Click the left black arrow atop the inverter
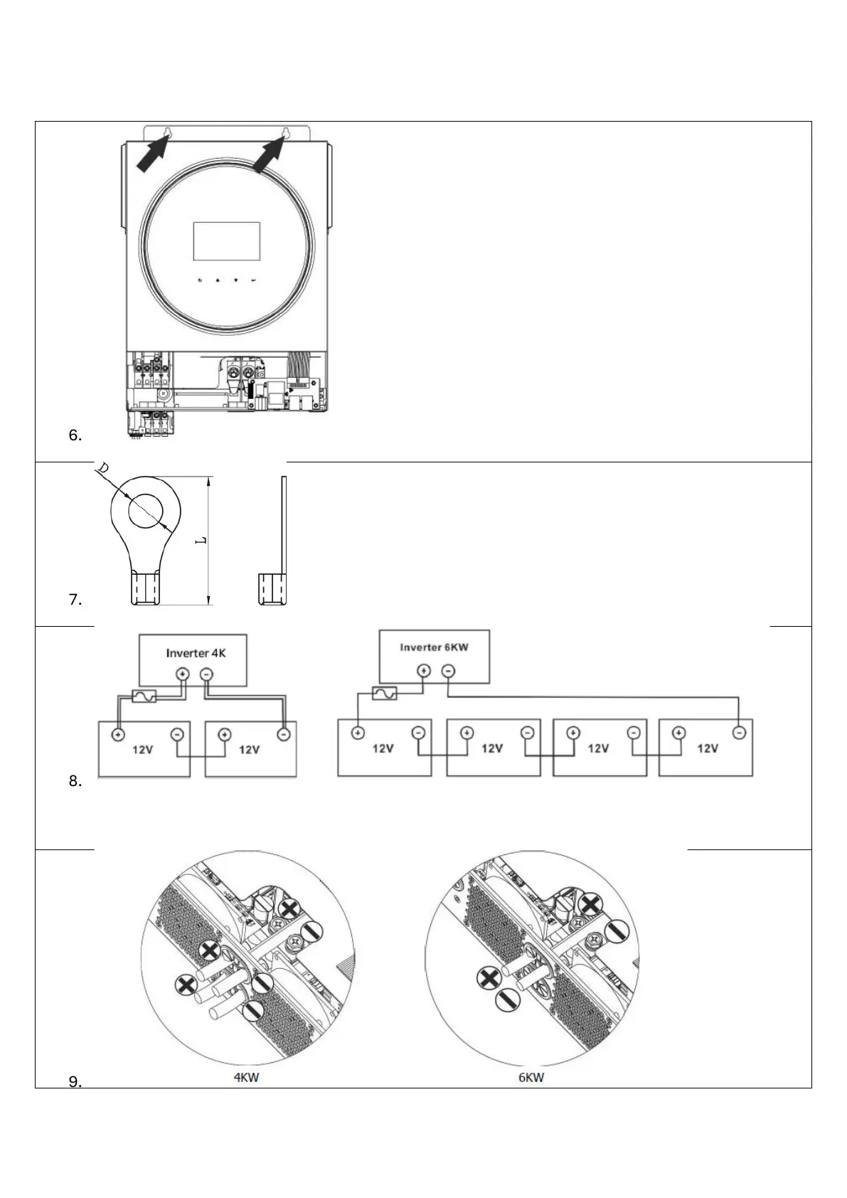(151, 155)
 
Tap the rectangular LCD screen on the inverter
(226, 240)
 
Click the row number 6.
(75, 435)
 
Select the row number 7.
(75, 600)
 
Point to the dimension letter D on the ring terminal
(103, 470)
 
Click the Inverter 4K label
(196, 652)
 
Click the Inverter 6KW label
(434, 647)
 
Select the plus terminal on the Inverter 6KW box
(424, 670)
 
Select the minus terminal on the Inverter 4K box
(206, 674)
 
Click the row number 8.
(75, 781)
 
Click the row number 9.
(75, 1082)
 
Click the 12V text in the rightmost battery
(707, 748)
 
